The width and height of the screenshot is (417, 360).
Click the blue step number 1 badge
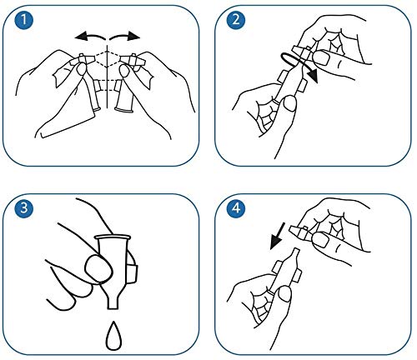pos(24,20)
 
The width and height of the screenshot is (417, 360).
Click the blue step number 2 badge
pos(236,20)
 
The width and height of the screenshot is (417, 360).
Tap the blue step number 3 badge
pos(24,208)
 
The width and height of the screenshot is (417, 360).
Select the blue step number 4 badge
pos(236,208)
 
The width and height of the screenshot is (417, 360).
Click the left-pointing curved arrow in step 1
pos(89,36)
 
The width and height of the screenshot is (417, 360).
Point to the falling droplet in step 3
pos(113,336)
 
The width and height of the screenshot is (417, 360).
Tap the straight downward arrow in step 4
pos(278,236)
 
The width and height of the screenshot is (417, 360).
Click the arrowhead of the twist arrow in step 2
pos(314,76)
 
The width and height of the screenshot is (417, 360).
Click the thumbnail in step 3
pos(98,268)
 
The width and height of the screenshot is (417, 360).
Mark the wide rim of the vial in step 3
pos(113,237)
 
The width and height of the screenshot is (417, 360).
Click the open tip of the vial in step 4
pos(295,250)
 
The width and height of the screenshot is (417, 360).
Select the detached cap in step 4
pos(301,232)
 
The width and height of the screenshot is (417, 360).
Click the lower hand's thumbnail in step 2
pos(289,103)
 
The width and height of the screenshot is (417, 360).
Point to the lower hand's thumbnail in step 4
pos(284,294)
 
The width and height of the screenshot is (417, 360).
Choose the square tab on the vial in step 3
pos(132,274)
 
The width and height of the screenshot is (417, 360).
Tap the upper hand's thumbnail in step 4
pos(319,240)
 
